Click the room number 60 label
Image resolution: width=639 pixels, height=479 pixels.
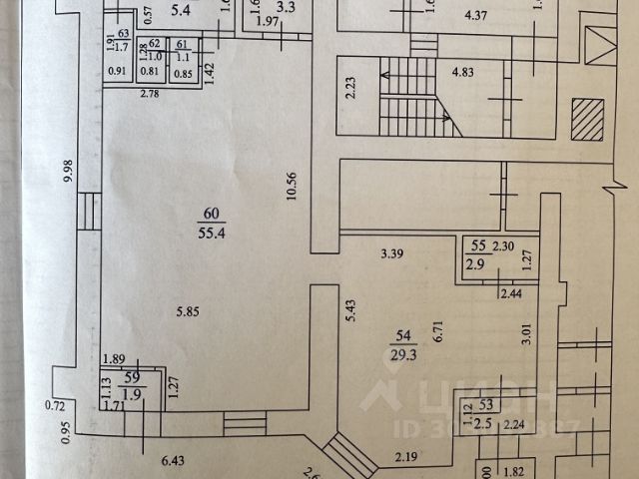pos(210,213)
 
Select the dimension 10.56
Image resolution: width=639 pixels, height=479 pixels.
pos(291,186)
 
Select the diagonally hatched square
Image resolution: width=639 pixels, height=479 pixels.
pos(587,123)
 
